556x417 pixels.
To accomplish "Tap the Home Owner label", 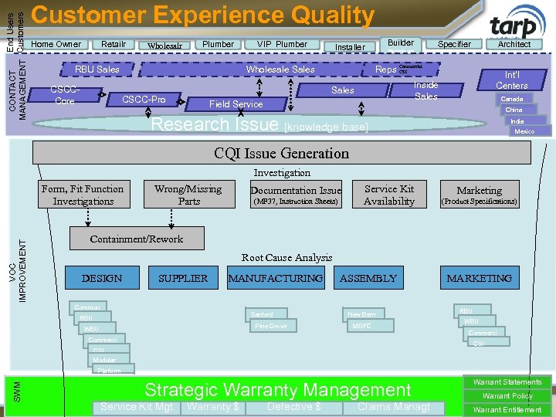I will point(56,44).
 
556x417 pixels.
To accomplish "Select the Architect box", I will point(514,44).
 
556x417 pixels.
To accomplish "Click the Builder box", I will point(401,43).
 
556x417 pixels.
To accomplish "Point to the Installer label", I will point(350,47).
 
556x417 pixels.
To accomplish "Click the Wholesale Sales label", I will point(280,69).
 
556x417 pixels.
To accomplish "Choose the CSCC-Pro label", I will point(144,99).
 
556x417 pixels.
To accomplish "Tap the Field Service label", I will point(236,103).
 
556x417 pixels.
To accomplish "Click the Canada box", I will point(511,99).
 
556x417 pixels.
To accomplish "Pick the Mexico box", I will point(524,131).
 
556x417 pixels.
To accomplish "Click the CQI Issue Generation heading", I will point(281,153).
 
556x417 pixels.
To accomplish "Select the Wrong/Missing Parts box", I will point(188,195).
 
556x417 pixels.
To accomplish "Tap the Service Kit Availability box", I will point(389,195).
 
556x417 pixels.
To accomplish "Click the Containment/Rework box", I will point(137,239).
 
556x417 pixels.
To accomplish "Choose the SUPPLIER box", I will point(183,278).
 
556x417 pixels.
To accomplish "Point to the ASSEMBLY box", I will point(368,278).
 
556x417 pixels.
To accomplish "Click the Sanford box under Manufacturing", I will point(262,314).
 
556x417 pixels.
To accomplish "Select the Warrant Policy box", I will point(507,396).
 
